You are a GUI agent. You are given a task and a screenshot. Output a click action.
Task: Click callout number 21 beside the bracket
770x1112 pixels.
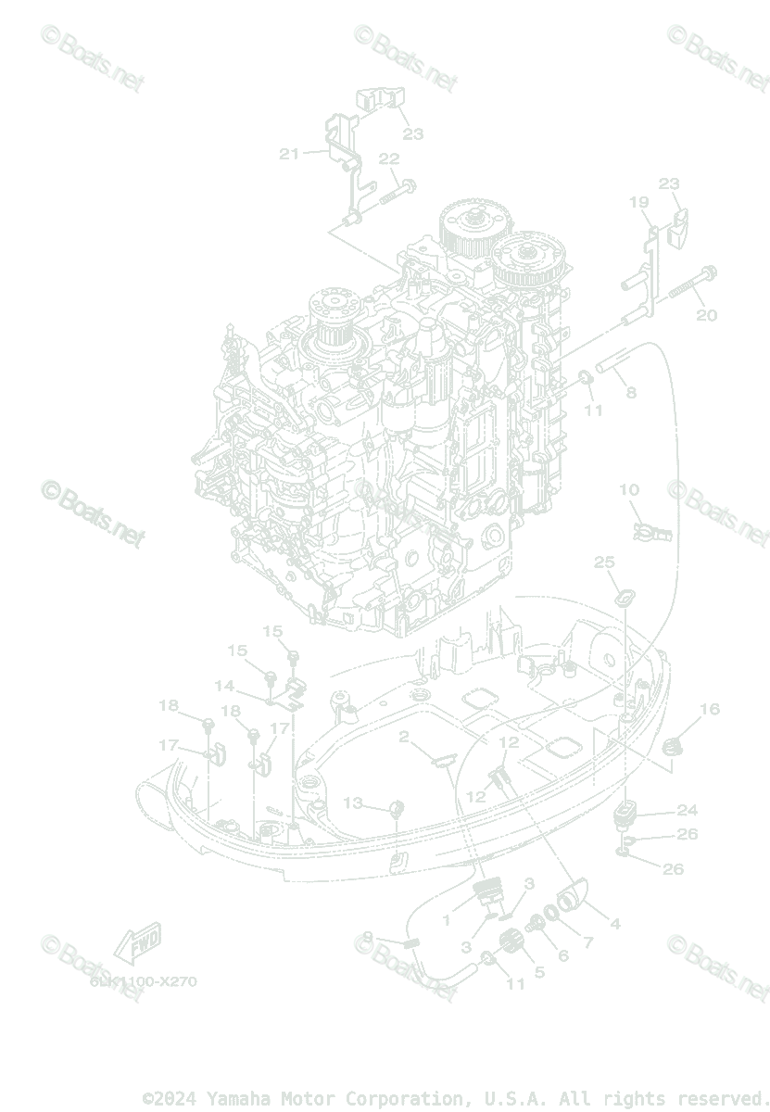pyautogui.click(x=289, y=154)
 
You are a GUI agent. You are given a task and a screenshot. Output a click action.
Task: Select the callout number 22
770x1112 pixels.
pyautogui.click(x=388, y=158)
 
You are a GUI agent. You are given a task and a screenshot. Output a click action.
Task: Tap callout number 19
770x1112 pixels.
pyautogui.click(x=638, y=202)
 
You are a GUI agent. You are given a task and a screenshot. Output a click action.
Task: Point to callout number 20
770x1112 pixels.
pyautogui.click(x=706, y=315)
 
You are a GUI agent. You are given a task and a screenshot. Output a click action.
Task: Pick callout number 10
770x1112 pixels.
pyautogui.click(x=629, y=489)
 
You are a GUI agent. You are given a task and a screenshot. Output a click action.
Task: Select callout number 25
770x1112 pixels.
pyautogui.click(x=604, y=562)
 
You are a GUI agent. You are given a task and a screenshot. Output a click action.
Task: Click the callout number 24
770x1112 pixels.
pyautogui.click(x=687, y=809)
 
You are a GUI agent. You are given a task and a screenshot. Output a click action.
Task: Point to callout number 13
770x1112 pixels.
pyautogui.click(x=353, y=802)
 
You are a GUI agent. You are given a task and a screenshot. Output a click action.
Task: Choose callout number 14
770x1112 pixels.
pyautogui.click(x=224, y=686)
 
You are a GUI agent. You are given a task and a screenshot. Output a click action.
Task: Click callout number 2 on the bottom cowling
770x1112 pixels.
pyautogui.click(x=404, y=738)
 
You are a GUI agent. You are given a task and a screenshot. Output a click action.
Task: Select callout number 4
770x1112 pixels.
pyautogui.click(x=614, y=923)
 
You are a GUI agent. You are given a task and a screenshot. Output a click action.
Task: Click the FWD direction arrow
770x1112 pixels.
pyautogui.click(x=137, y=942)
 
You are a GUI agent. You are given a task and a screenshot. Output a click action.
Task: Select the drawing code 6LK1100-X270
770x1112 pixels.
pyautogui.click(x=144, y=981)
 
